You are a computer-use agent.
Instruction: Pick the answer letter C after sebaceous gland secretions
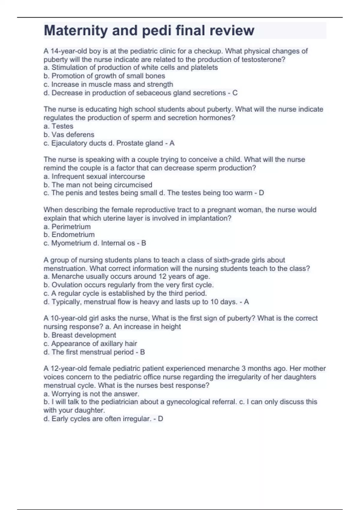pyautogui.click(x=235, y=93)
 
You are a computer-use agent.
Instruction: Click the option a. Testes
pyautogui.click(x=58, y=126)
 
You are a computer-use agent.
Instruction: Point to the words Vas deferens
pyautogui.click(x=73, y=135)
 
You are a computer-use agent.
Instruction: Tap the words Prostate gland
pyautogui.click(x=139, y=143)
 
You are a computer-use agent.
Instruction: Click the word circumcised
pyautogui.click(x=134, y=185)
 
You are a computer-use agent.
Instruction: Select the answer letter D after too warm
pyautogui.click(x=261, y=193)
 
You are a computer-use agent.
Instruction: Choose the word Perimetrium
pyautogui.click(x=71, y=227)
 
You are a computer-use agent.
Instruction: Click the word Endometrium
pyautogui.click(x=73, y=235)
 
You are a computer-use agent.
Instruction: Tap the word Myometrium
pyautogui.click(x=71, y=243)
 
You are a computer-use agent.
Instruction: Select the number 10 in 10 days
pyautogui.click(x=214, y=302)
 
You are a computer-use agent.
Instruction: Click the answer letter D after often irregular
pyautogui.click(x=160, y=419)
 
